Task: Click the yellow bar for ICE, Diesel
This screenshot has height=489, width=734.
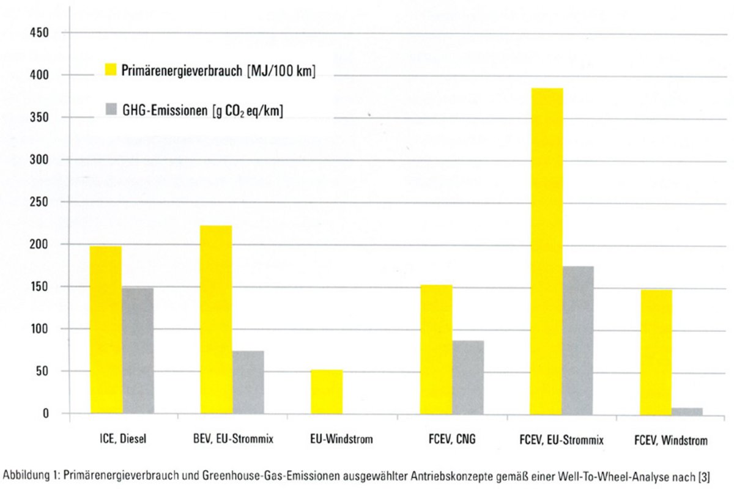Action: [x=106, y=330]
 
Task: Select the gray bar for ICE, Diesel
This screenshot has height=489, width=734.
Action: [x=138, y=351]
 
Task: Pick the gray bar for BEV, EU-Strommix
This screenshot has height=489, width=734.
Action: [x=248, y=383]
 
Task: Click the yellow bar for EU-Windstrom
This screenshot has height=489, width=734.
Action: [x=327, y=392]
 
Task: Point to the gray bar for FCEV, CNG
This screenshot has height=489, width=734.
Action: [x=468, y=377]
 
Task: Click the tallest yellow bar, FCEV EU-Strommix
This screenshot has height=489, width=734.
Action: [x=546, y=251]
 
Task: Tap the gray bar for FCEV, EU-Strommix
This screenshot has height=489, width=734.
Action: [x=578, y=340]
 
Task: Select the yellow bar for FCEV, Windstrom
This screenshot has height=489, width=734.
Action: [x=656, y=352]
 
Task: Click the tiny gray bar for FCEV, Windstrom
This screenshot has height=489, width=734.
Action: [x=687, y=411]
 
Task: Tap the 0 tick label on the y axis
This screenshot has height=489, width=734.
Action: [x=45, y=414]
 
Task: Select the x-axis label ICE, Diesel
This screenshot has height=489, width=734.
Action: [x=124, y=439]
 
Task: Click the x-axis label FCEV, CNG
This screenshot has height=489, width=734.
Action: [x=453, y=439]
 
